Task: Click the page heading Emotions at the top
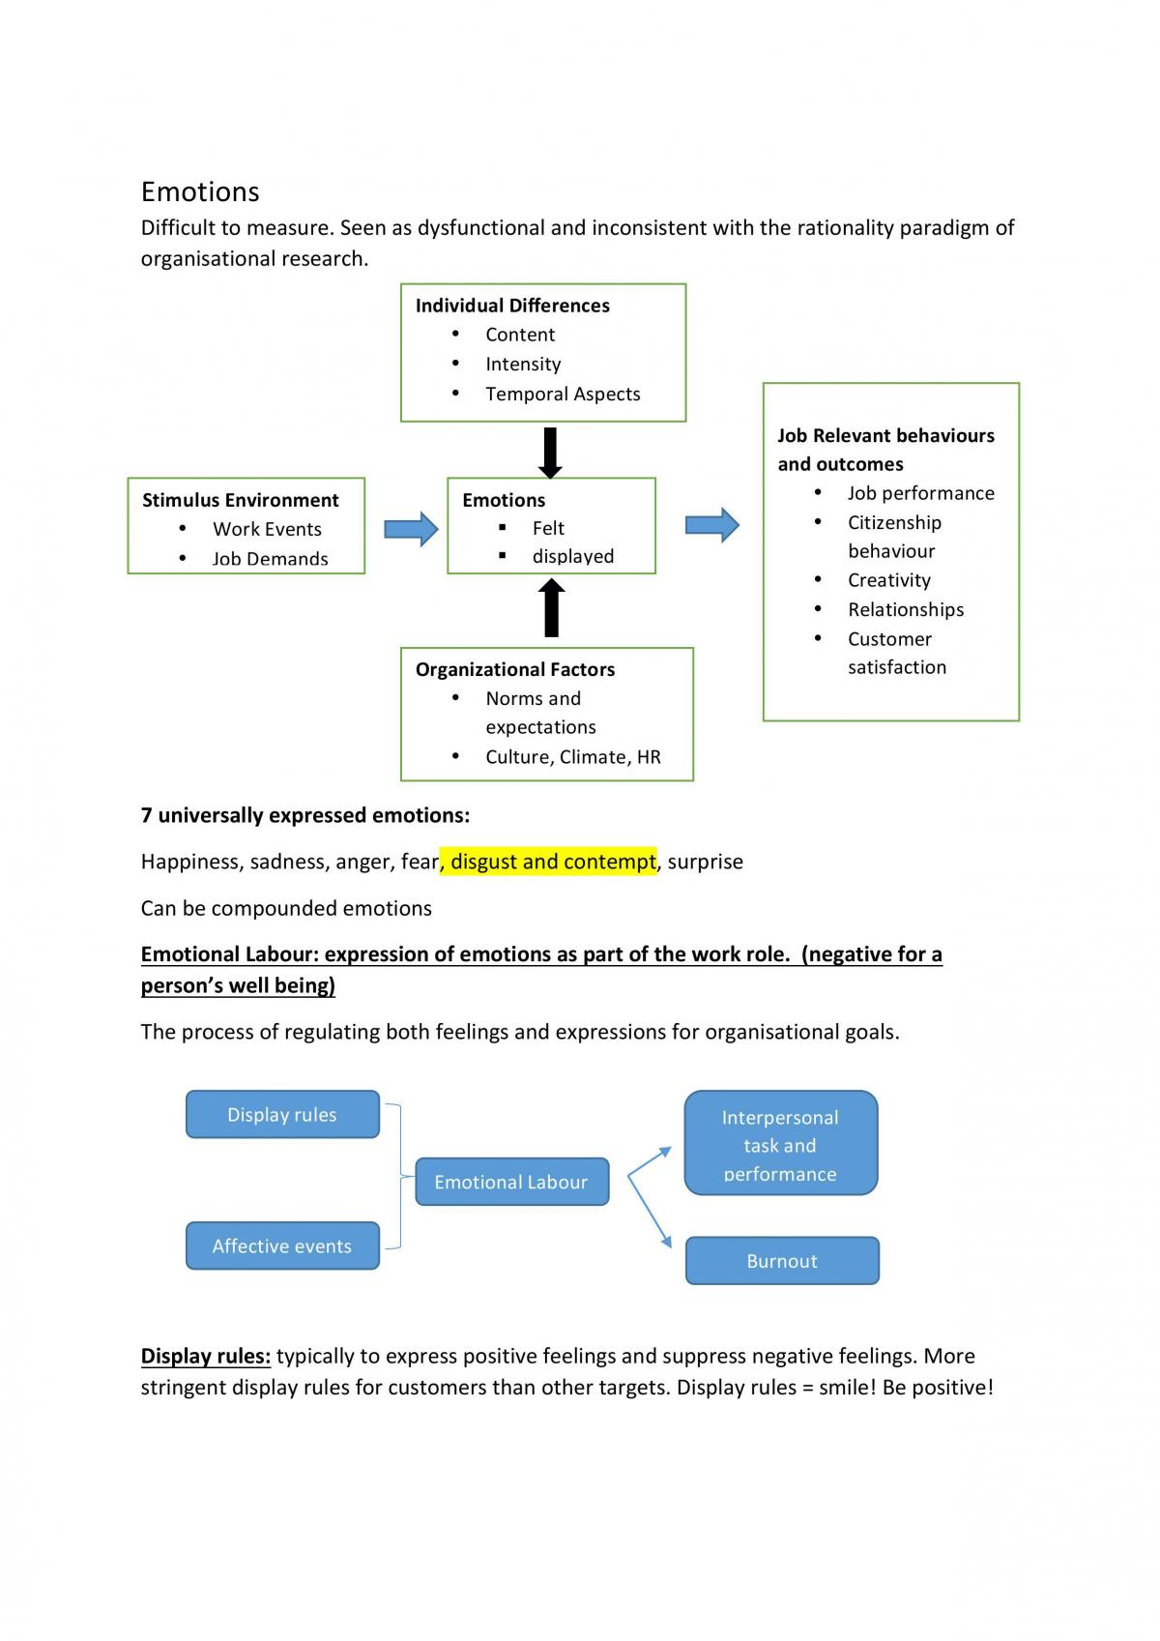[x=200, y=191]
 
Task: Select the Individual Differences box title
[x=512, y=306]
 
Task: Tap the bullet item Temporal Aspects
[x=563, y=395]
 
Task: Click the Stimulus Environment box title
[x=240, y=500]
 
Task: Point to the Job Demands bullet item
[x=271, y=559]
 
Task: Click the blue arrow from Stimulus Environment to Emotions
[x=411, y=528]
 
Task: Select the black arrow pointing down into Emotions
[x=550, y=453]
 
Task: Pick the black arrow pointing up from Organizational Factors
[x=551, y=607]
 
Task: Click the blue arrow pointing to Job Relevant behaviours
[x=711, y=524]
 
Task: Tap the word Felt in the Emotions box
[x=548, y=528]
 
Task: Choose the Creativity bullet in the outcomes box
[x=889, y=580]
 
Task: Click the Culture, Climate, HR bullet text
[x=572, y=757]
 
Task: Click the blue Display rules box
[x=282, y=1114]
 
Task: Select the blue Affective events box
[x=282, y=1245]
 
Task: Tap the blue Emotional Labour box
[x=512, y=1182]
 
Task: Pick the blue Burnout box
[x=782, y=1261]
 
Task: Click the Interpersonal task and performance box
[x=781, y=1143]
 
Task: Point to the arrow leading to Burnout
[x=650, y=1211]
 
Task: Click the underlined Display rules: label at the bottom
[x=206, y=1356]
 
